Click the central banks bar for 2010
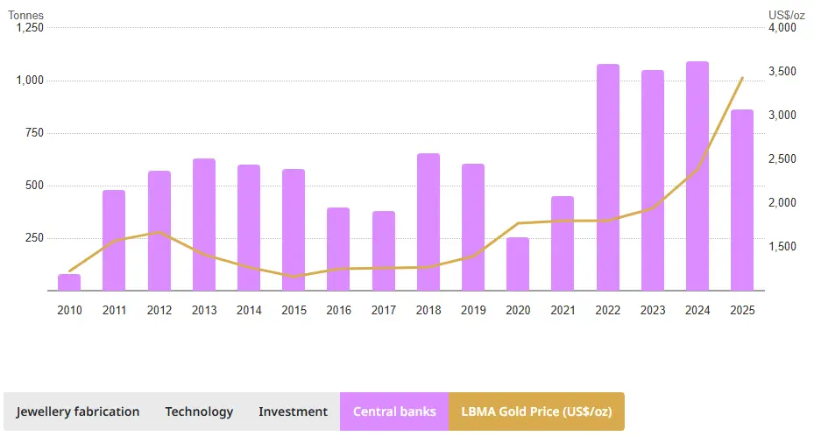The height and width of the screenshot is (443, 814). pos(69,283)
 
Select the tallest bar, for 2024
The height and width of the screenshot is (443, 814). pos(697,175)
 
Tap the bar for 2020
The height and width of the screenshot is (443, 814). pos(518,264)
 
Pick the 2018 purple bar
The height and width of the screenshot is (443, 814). pos(428,221)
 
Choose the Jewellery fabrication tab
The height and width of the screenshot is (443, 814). pos(78,411)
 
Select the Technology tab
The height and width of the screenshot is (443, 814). pos(199,411)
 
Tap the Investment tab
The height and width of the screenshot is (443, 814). pos(293,411)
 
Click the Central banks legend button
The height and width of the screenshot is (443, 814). pos(394,411)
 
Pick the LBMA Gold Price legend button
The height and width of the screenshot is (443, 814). pos(536,411)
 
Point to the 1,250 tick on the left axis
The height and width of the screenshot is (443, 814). pos(29,28)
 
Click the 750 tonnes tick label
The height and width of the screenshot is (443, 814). pos(33,133)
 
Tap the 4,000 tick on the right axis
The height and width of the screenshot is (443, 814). pos(782,28)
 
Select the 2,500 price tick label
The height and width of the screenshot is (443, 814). pos(782,159)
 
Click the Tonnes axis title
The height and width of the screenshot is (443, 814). pos(26,15)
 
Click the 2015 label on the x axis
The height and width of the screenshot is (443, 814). pos(294,310)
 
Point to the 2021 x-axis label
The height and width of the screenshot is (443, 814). pos(563,310)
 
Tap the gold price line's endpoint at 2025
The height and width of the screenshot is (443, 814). pos(742,78)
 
